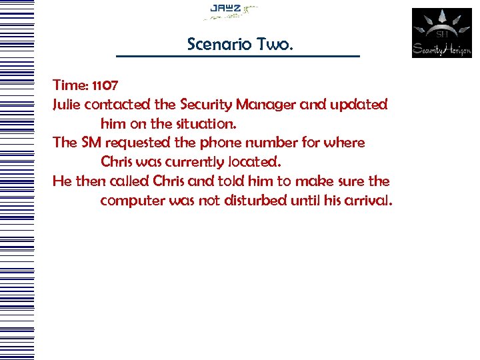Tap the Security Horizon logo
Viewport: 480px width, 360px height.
[x=441, y=33]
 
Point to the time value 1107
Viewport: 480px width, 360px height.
[x=106, y=85]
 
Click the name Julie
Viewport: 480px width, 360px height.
[x=67, y=105]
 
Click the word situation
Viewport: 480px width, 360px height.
[x=204, y=124]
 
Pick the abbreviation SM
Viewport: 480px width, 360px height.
[x=91, y=143]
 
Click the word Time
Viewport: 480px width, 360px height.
[x=69, y=85]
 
